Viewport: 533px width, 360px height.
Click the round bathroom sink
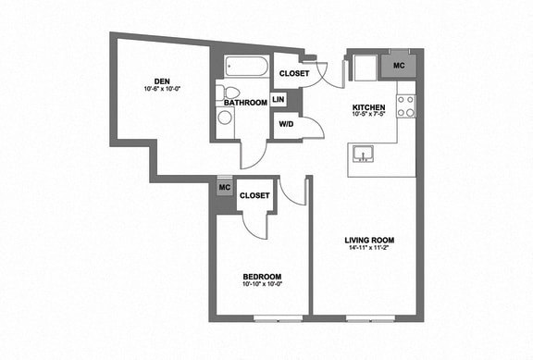click(224, 118)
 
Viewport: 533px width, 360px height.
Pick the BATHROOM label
click(246, 102)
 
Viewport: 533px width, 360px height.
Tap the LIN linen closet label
click(278, 100)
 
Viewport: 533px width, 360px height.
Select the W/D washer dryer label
click(286, 124)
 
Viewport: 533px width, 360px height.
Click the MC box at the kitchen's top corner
click(399, 65)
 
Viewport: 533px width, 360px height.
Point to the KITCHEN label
click(368, 107)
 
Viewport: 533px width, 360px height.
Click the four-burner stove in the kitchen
click(405, 106)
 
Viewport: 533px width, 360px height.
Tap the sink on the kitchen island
click(364, 153)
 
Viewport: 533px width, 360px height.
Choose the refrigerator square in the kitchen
click(363, 67)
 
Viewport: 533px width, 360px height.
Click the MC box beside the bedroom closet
click(223, 187)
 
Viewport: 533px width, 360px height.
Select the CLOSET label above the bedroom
click(254, 195)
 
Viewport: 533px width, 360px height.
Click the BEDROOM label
click(262, 277)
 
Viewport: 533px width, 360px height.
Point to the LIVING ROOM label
click(367, 241)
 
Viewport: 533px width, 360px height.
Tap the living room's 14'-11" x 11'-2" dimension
click(367, 249)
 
